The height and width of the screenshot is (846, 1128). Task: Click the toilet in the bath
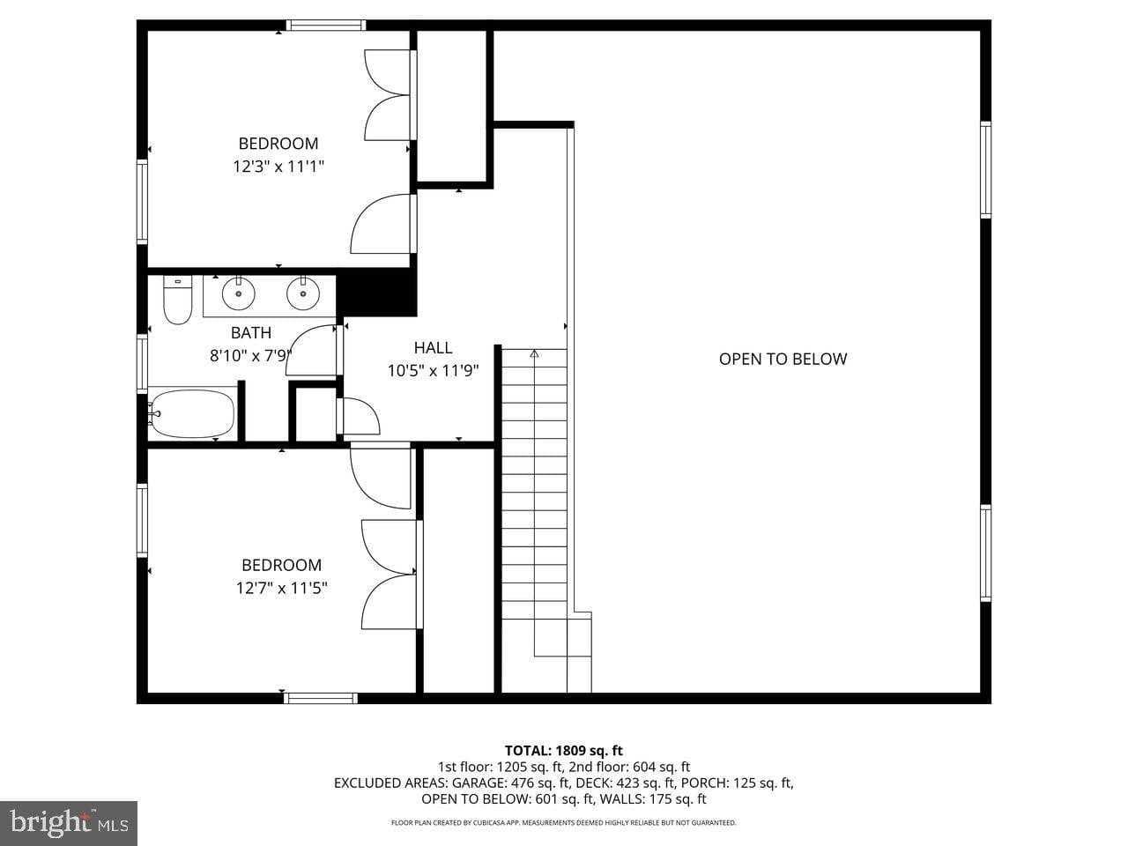(x=178, y=301)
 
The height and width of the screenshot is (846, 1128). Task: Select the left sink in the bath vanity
(x=238, y=293)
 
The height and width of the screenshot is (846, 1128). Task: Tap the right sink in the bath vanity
(x=303, y=293)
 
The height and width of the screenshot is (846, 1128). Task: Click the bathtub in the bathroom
(x=192, y=413)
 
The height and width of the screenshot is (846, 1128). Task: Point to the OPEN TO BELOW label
(x=783, y=359)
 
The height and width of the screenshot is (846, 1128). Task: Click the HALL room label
(x=433, y=348)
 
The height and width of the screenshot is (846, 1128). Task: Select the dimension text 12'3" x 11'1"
(x=278, y=166)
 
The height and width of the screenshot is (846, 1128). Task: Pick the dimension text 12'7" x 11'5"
(x=282, y=588)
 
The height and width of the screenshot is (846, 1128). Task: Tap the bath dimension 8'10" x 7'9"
(x=250, y=356)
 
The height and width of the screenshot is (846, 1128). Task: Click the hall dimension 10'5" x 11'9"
(x=433, y=371)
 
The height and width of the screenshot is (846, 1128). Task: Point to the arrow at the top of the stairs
(x=534, y=354)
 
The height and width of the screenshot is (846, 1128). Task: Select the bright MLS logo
(x=68, y=823)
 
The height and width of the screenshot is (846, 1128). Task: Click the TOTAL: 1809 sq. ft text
(x=563, y=751)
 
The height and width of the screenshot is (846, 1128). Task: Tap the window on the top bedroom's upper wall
(x=326, y=26)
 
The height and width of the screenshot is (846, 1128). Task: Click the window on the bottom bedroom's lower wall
(x=321, y=698)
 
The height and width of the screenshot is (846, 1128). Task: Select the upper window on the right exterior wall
(x=985, y=169)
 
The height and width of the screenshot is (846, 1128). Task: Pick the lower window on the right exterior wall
(x=985, y=553)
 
